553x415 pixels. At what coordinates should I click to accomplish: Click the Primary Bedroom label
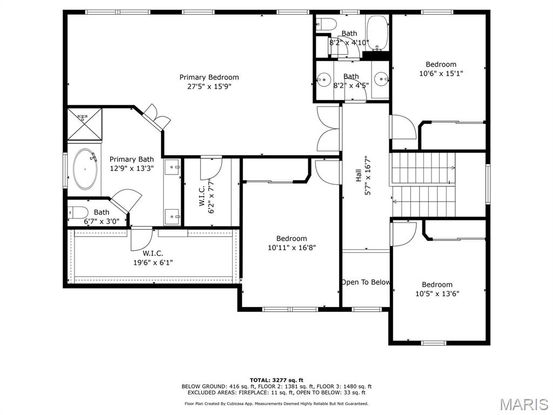click(x=209, y=77)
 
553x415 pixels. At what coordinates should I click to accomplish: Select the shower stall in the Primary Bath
click(x=84, y=123)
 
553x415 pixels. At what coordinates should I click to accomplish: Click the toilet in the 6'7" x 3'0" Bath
click(x=78, y=212)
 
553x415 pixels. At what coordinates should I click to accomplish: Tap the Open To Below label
click(x=366, y=282)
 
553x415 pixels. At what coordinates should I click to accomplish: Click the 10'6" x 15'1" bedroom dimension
click(x=441, y=73)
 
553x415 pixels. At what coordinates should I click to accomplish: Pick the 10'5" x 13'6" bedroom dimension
click(x=437, y=294)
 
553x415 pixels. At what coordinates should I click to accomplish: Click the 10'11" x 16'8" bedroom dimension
click(x=292, y=248)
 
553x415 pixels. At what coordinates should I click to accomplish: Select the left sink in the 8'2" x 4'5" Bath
click(x=323, y=79)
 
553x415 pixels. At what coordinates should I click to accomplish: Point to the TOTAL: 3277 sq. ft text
click(x=276, y=380)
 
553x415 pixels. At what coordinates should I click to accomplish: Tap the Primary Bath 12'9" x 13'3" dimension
click(x=132, y=168)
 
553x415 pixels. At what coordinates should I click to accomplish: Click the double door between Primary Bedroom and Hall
click(x=328, y=128)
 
